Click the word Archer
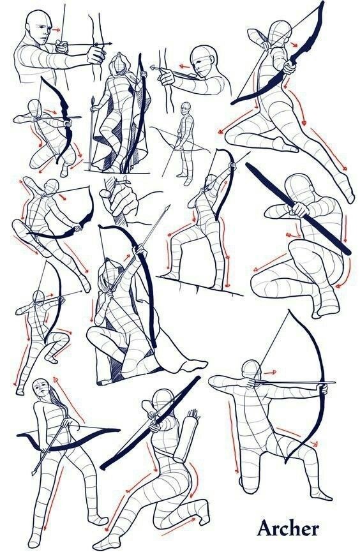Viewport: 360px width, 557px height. (288, 528)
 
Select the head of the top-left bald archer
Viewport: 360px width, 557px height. (38, 27)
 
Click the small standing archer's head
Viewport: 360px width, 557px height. (185, 108)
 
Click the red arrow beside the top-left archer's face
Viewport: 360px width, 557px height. (56, 30)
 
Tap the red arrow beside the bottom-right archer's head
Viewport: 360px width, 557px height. (271, 373)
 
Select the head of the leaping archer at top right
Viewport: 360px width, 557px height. (280, 33)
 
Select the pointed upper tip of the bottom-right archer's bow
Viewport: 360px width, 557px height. (289, 310)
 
